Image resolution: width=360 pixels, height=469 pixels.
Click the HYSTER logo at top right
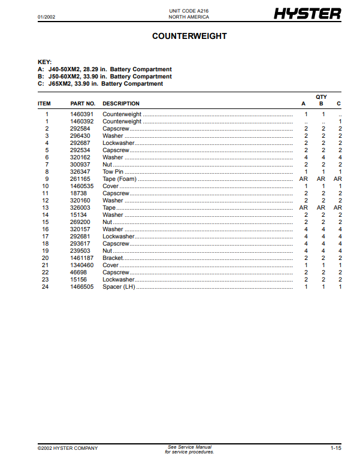[x=307, y=14]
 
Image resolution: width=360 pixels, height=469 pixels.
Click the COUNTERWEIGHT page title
[x=189, y=37]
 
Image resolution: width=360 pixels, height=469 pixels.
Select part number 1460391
[x=82, y=114]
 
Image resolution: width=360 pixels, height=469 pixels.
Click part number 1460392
[x=82, y=122]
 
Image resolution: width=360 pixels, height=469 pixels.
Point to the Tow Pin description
[x=113, y=172]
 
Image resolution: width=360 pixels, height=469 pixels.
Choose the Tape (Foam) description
[x=120, y=179]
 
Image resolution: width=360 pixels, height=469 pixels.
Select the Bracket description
[x=113, y=258]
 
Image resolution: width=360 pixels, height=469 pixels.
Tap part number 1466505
[x=82, y=287]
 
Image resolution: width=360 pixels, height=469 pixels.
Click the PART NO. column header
[x=83, y=104]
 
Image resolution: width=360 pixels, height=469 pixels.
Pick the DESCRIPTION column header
[x=121, y=104]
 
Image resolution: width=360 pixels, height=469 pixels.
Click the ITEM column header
[x=44, y=104]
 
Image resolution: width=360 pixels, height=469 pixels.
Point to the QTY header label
[x=321, y=96]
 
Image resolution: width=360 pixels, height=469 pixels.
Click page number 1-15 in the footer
[x=335, y=448]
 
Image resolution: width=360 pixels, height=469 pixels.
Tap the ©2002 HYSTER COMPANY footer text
[x=67, y=448]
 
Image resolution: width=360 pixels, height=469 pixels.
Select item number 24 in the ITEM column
[x=45, y=287]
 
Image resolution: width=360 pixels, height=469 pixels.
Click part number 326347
[x=80, y=172]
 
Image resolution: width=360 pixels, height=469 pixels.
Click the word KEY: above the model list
[x=45, y=62]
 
